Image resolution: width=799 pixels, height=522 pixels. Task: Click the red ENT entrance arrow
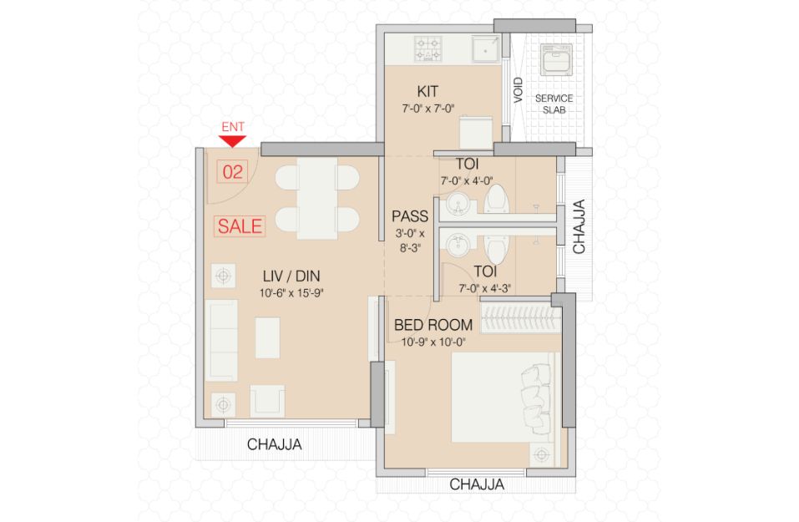pos(233,141)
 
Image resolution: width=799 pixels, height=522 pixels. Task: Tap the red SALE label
pos(240,226)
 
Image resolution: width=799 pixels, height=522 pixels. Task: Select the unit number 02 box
pos(232,172)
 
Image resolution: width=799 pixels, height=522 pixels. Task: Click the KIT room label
pos(427,91)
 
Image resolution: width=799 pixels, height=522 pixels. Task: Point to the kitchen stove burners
pos(427,48)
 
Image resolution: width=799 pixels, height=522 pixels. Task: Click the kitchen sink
pos(485,49)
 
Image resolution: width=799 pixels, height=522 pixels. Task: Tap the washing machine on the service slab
pos(555,59)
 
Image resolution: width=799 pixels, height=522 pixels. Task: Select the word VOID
pos(518,89)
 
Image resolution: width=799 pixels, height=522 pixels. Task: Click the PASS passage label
pos(410,216)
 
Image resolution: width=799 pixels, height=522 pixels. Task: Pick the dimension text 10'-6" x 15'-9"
pos(291,293)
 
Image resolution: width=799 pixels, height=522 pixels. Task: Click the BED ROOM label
pos(433,325)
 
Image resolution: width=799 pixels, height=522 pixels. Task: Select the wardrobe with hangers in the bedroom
pos(520,318)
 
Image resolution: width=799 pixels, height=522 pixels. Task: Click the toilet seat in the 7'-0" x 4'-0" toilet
pos(496,198)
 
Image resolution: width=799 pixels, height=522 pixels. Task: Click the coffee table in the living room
pos(267,337)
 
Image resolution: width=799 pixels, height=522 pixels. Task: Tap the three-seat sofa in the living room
pos(221,340)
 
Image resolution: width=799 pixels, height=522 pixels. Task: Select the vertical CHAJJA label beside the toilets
pos(579,226)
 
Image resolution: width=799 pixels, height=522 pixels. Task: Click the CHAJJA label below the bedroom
pos(477,484)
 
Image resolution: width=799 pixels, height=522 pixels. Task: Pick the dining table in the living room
pos(317,198)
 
